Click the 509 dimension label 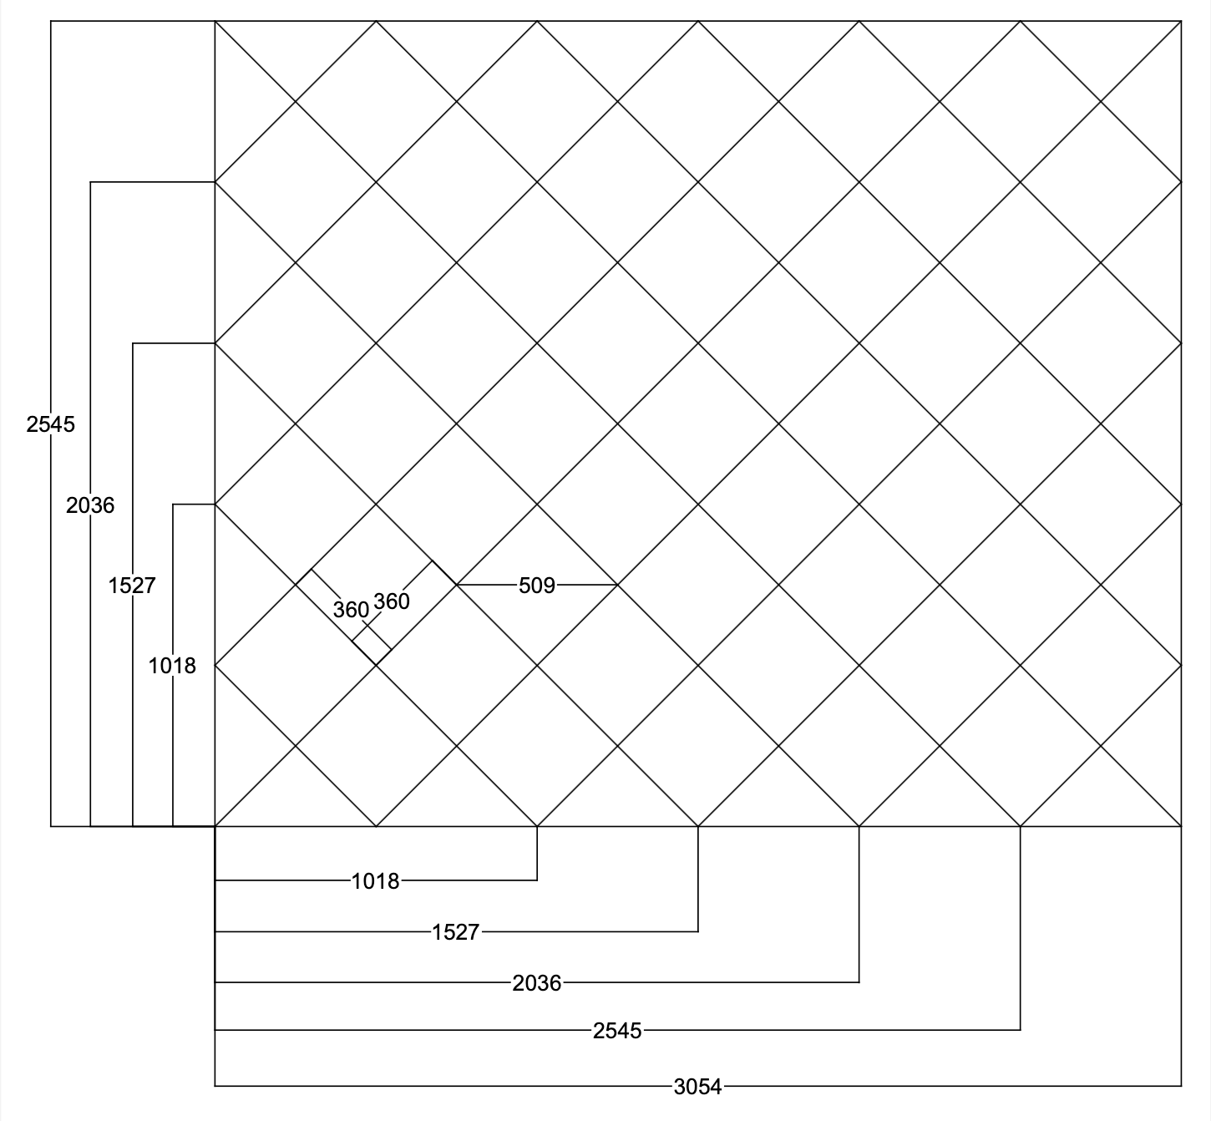(x=536, y=586)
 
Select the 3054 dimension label (x=697, y=1087)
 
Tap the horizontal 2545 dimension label (x=617, y=1031)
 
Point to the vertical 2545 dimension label (x=51, y=424)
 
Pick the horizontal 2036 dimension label (x=536, y=983)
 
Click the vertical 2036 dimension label (x=90, y=505)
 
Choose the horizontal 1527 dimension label (x=455, y=932)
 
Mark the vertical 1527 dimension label (x=132, y=586)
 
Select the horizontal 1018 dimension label (x=375, y=881)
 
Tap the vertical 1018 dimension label (x=172, y=666)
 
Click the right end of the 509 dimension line (x=617, y=585)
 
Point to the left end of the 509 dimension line (x=457, y=585)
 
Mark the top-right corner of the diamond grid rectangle (x=1181, y=22)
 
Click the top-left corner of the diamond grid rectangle (x=215, y=22)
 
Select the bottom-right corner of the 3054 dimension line (x=1181, y=1086)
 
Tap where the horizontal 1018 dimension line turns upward (x=537, y=880)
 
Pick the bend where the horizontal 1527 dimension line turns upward (x=698, y=932)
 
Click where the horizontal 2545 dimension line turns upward (x=1020, y=1030)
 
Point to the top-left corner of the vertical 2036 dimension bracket (x=90, y=182)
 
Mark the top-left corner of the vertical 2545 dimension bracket (x=51, y=22)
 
